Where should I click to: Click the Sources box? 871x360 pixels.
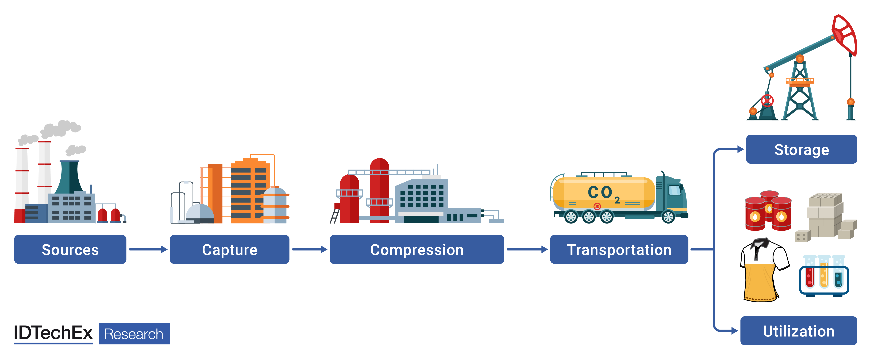(x=70, y=249)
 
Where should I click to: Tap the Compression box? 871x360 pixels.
(x=417, y=249)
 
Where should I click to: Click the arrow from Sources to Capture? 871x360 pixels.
(x=148, y=249)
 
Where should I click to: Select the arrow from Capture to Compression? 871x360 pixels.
(x=309, y=249)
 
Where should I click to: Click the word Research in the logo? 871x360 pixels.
(x=134, y=334)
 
